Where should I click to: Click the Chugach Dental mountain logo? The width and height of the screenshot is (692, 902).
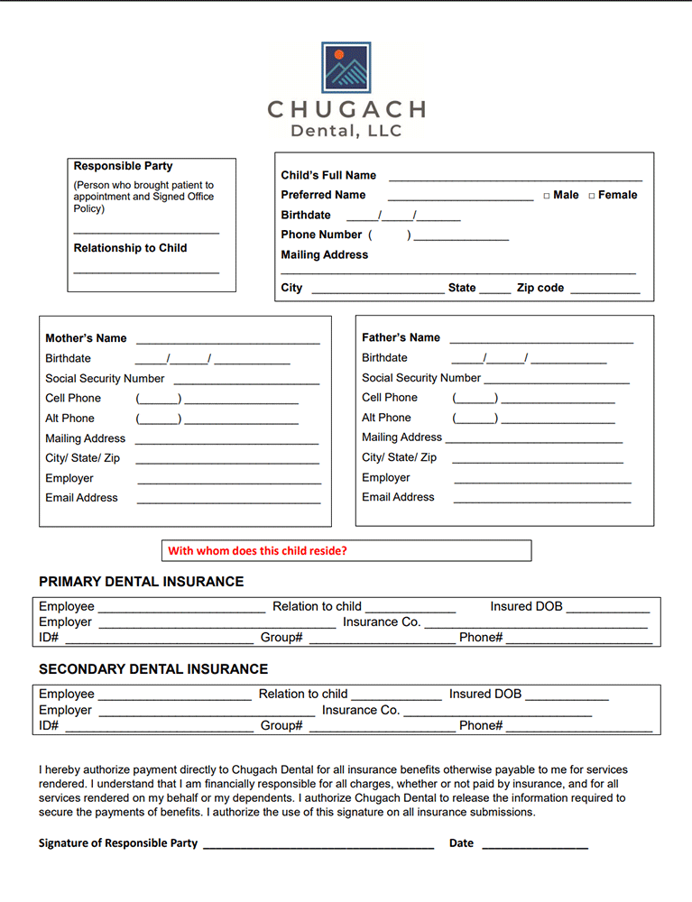coord(346,67)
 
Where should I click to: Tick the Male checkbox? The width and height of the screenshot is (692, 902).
coord(547,196)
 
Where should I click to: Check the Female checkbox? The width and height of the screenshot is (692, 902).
coord(592,196)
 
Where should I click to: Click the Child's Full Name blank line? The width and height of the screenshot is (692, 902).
coord(515,179)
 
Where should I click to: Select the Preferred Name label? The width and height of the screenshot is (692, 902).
coord(323,195)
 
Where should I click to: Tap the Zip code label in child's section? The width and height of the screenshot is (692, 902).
coord(540,288)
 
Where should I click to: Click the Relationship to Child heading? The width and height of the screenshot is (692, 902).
coord(130,248)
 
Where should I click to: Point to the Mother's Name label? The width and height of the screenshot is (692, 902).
coord(86,338)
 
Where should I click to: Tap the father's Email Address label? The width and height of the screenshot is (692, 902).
coord(398,497)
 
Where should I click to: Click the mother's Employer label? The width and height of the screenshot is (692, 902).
coord(69,478)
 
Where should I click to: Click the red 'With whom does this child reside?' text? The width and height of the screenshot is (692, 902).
coord(257,550)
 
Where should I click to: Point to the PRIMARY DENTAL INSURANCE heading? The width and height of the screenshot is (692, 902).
coord(141,582)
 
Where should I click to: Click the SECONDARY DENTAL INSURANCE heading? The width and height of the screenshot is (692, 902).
coord(153,669)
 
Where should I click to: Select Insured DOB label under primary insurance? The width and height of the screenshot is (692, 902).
coord(526,606)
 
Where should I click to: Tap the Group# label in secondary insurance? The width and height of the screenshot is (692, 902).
coord(281,725)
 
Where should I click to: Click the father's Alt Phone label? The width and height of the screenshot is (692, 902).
coord(386,418)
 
